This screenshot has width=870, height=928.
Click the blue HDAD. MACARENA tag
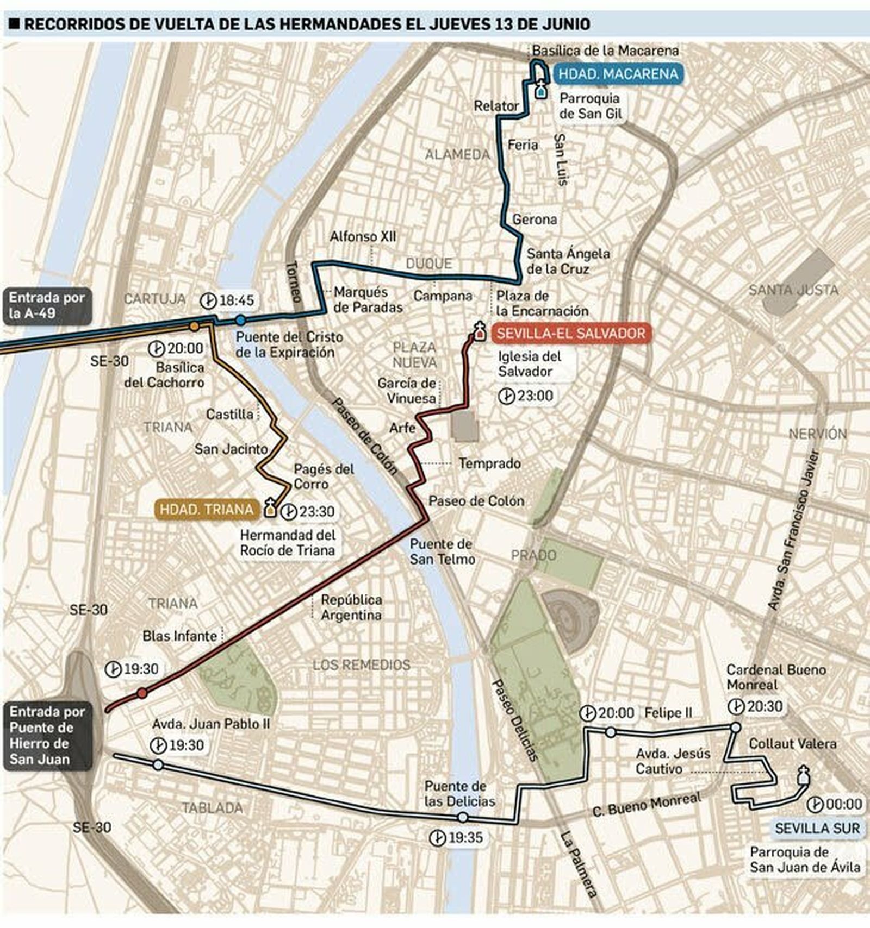tap(618, 74)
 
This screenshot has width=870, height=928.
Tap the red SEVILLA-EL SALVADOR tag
tap(570, 333)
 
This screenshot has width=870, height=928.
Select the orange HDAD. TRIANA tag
tap(206, 509)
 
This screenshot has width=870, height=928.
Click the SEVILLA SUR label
tap(817, 828)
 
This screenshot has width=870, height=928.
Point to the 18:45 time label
tap(236, 300)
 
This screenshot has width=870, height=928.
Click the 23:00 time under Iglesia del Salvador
tap(535, 396)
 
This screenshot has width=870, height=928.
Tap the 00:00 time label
tap(843, 804)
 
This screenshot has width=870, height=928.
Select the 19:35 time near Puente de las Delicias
tap(465, 837)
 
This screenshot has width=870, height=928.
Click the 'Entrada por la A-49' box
tap(47, 305)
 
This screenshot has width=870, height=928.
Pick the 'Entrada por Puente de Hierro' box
tap(47, 735)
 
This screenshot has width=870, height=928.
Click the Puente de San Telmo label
tap(442, 551)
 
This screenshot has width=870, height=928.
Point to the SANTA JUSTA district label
tap(793, 290)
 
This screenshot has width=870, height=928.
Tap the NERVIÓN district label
tap(817, 434)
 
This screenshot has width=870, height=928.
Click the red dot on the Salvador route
tap(142, 693)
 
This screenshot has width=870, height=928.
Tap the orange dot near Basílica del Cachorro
tap(194, 326)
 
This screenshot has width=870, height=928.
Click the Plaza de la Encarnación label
tap(542, 303)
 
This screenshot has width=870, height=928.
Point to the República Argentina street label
tap(351, 607)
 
